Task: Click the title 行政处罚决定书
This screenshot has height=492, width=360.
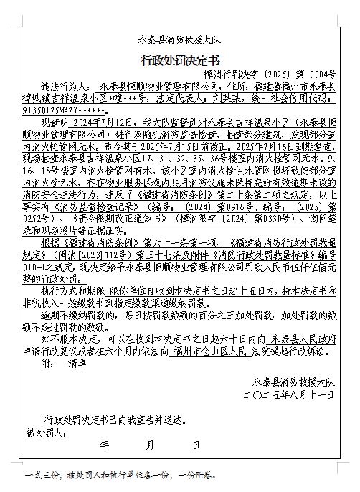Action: tap(179, 59)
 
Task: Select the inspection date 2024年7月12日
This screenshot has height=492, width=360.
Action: tap(112, 124)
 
